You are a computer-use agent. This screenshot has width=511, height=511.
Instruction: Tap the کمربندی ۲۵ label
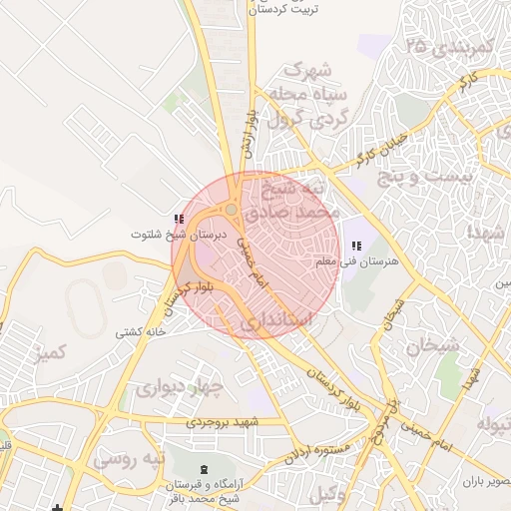(x=452, y=46)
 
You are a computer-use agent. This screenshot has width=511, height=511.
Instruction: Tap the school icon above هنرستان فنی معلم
(x=357, y=246)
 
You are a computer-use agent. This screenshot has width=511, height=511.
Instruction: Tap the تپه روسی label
(x=127, y=461)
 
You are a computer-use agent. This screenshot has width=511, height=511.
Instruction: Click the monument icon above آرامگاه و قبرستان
(x=205, y=468)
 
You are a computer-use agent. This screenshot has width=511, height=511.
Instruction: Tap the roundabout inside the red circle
(x=232, y=210)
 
